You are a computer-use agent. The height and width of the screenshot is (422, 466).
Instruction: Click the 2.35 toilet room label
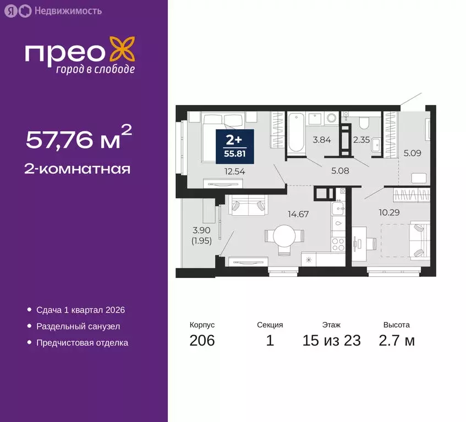click(x=361, y=140)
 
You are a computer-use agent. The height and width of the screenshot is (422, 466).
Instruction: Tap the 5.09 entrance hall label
click(x=412, y=154)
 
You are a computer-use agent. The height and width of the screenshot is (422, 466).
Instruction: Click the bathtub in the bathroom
click(x=295, y=132)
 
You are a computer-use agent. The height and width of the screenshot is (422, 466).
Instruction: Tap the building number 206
click(x=202, y=341)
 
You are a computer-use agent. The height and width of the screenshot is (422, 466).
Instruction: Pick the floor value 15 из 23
click(x=331, y=341)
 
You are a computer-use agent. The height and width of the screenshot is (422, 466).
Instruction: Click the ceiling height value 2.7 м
click(x=396, y=341)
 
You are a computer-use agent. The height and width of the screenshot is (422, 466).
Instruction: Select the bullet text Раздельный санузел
click(x=78, y=326)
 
